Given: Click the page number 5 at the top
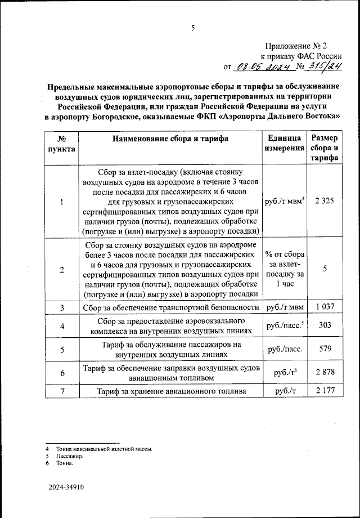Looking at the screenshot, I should [x=192, y=28].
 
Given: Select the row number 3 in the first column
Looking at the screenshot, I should [x=62, y=307].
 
